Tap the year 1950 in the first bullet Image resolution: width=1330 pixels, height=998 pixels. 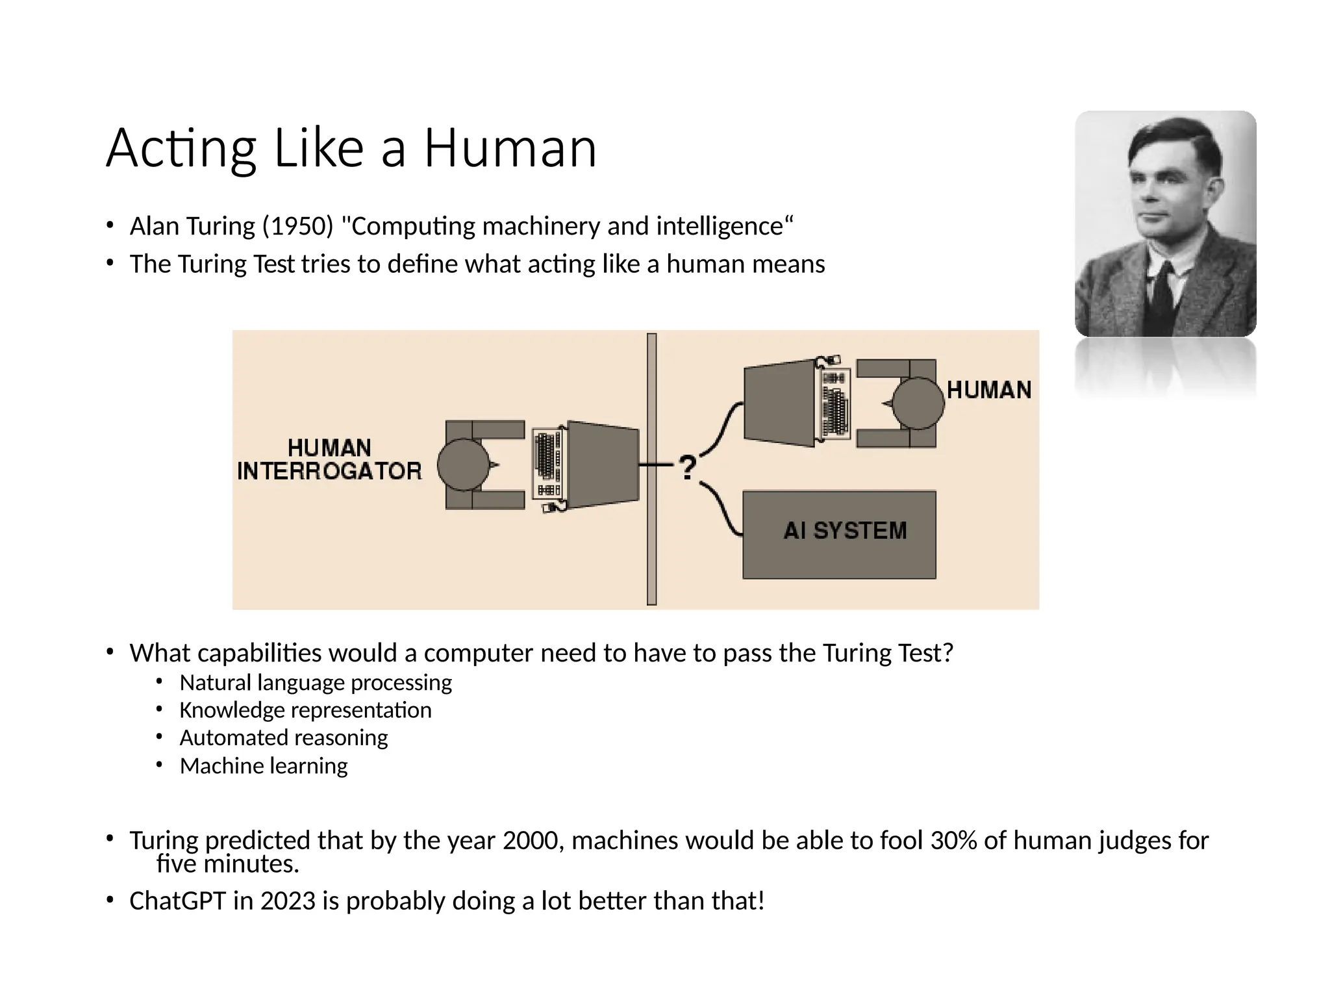298,226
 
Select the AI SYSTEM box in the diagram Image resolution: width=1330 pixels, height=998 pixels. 839,534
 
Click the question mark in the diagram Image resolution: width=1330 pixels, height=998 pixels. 688,467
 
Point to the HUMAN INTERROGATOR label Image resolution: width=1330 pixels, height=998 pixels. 329,459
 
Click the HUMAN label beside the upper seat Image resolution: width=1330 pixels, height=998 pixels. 988,390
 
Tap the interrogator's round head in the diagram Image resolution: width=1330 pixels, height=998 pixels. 463,465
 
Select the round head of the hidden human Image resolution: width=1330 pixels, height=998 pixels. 917,403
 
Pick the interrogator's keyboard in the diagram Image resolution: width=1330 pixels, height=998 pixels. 547,465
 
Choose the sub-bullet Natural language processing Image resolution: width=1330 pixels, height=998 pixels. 316,683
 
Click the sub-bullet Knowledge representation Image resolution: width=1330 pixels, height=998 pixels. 305,710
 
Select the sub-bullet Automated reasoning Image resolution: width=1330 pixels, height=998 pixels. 283,738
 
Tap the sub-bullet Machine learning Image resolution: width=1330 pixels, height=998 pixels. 264,766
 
